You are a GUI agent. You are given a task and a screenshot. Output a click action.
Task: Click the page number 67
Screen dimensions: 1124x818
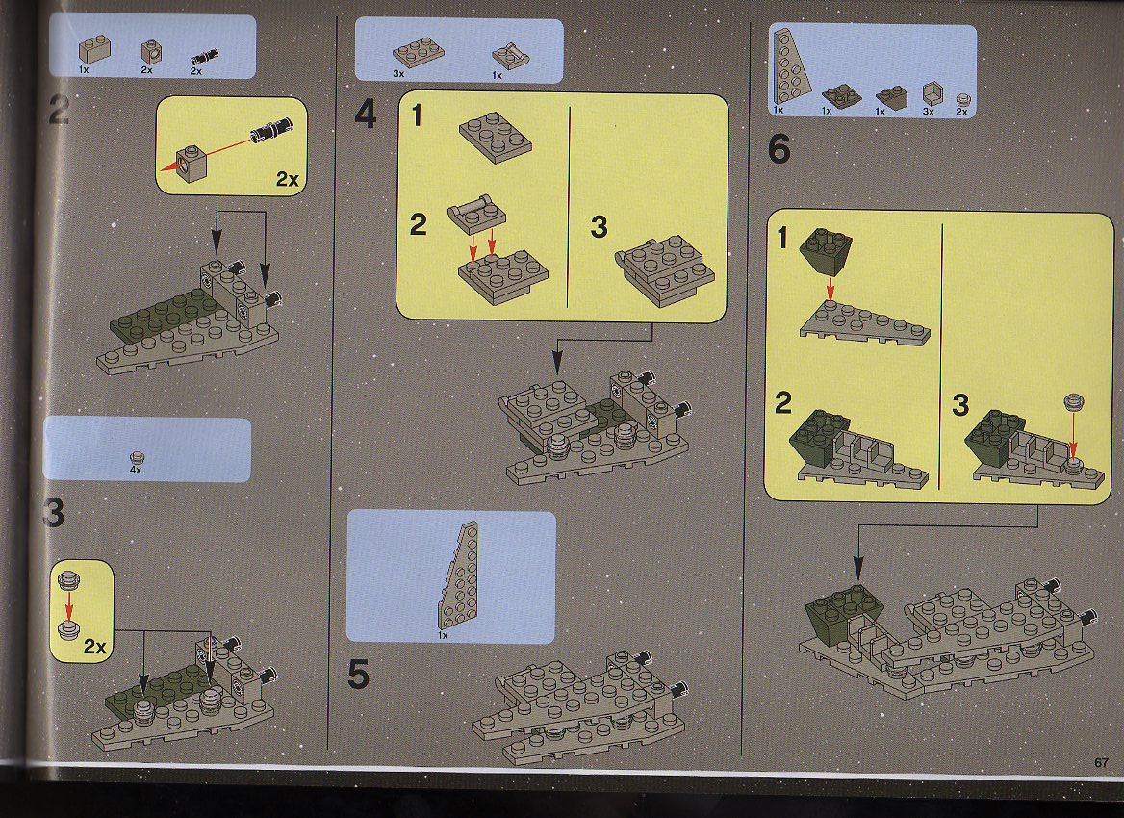(1101, 762)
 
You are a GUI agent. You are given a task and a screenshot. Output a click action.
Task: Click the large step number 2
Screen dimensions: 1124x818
(60, 111)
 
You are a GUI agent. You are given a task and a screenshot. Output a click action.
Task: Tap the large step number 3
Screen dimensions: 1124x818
(54, 513)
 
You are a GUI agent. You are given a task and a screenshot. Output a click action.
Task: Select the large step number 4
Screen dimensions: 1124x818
(366, 114)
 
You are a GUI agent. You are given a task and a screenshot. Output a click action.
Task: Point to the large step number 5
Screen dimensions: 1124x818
(358, 675)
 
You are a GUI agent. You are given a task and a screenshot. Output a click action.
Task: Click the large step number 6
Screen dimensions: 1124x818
(779, 149)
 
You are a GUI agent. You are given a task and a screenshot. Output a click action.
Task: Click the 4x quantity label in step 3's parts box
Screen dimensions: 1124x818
(136, 471)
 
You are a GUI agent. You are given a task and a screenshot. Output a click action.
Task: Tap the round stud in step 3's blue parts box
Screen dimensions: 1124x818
(137, 457)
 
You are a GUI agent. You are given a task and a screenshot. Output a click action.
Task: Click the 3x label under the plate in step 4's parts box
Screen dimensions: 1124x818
(398, 73)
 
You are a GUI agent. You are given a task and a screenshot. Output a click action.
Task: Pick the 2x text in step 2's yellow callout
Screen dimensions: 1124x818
(287, 178)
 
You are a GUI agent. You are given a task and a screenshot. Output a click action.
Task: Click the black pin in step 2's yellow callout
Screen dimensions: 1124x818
(271, 129)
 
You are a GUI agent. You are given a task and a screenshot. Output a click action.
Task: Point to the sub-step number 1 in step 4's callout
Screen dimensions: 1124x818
(418, 115)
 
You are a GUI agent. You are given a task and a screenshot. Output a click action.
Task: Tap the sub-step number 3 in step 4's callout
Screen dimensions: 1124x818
(600, 227)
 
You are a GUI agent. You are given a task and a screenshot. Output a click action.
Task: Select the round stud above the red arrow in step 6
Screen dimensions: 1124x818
(1073, 401)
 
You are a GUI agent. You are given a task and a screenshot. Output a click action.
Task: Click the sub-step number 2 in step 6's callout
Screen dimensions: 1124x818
(782, 403)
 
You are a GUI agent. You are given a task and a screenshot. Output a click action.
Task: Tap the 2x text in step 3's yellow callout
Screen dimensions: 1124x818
(94, 647)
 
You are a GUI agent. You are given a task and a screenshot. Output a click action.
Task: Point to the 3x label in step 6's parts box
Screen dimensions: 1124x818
(929, 112)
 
